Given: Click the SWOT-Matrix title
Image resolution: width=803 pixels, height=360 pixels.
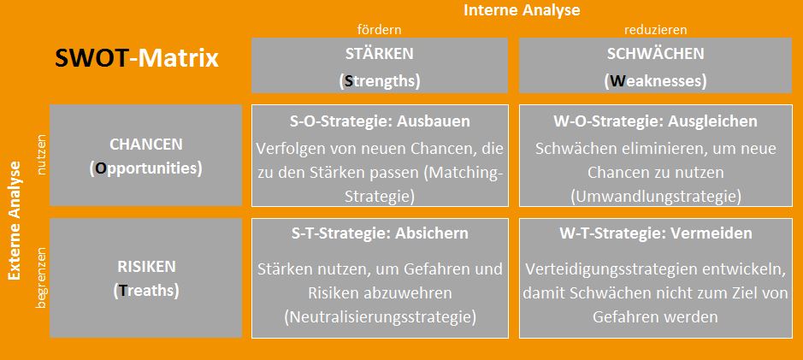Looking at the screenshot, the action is [x=137, y=59].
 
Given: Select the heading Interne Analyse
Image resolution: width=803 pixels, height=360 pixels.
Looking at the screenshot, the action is [x=522, y=10].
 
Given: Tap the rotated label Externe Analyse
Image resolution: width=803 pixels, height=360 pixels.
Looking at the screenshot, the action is [x=15, y=221].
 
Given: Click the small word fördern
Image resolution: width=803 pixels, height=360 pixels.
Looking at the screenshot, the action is [x=379, y=30].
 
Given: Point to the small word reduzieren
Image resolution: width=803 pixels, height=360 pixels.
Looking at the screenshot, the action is [x=656, y=30].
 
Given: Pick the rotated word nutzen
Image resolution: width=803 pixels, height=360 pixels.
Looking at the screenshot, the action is [x=42, y=155].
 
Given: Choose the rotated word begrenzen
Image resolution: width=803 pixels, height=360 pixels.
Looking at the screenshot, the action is [x=42, y=278].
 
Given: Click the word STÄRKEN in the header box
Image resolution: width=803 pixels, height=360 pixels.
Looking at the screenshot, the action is [x=380, y=53].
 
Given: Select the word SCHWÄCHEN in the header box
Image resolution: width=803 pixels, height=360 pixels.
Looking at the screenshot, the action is [x=656, y=53].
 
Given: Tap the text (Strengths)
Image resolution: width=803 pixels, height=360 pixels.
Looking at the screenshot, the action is [x=380, y=82].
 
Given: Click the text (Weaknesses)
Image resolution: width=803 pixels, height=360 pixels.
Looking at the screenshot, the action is [x=656, y=82].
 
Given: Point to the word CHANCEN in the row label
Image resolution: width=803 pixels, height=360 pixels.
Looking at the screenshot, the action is [x=146, y=145].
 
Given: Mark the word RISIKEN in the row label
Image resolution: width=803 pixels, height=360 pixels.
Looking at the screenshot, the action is [x=146, y=266].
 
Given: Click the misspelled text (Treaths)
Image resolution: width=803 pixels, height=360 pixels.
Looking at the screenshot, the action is [x=146, y=291].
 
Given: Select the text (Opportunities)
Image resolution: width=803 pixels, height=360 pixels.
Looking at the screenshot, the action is [x=146, y=169].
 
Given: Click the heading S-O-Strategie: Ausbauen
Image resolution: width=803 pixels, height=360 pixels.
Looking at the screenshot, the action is [x=380, y=121].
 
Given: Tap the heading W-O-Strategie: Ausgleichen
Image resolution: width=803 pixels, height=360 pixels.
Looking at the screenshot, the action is [x=656, y=121].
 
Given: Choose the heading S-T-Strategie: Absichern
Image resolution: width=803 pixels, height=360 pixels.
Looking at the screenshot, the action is [x=380, y=233].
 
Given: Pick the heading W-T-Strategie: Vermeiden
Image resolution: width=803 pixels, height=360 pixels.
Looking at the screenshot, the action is [x=656, y=233].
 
